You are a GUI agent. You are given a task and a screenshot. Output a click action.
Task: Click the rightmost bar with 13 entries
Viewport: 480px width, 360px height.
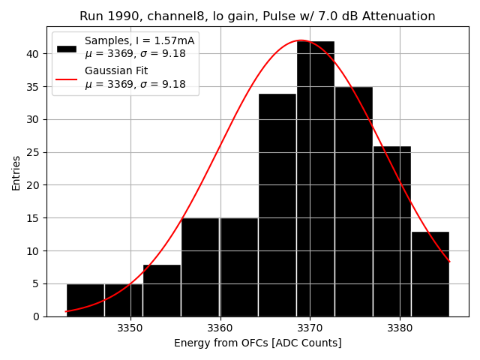[430, 274]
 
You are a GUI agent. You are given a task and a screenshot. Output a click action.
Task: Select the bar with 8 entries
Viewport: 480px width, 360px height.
[162, 290]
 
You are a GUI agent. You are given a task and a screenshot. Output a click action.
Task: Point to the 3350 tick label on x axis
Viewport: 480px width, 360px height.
[130, 328]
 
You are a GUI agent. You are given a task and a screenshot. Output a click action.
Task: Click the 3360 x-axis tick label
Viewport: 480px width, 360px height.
[220, 328]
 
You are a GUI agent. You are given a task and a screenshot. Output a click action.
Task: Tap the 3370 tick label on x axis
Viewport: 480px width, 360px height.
[310, 328]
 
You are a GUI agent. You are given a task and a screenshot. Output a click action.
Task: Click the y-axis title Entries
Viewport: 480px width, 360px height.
[16, 172]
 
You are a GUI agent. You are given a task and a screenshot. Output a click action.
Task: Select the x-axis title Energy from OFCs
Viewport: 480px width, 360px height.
[257, 343]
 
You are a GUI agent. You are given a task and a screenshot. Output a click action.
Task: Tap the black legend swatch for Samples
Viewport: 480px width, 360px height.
[67, 48]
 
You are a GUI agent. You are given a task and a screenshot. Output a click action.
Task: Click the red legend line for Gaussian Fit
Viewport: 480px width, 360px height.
[67, 78]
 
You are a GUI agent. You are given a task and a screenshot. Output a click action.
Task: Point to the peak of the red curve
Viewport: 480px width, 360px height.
[300, 40]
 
